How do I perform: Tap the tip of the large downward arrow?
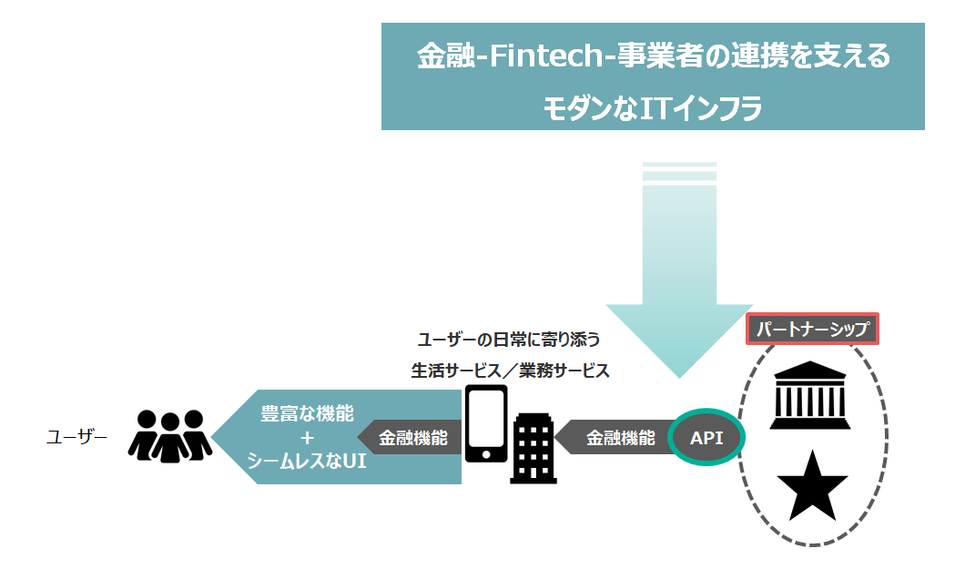click(x=678, y=373)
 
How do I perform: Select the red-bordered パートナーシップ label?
click(x=813, y=329)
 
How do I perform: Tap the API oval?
click(x=706, y=438)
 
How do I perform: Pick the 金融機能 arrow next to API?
click(x=619, y=438)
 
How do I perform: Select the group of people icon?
click(x=170, y=435)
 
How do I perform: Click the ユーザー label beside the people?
click(x=76, y=437)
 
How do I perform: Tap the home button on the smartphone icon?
click(x=486, y=452)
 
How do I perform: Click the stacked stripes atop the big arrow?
click(x=679, y=171)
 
